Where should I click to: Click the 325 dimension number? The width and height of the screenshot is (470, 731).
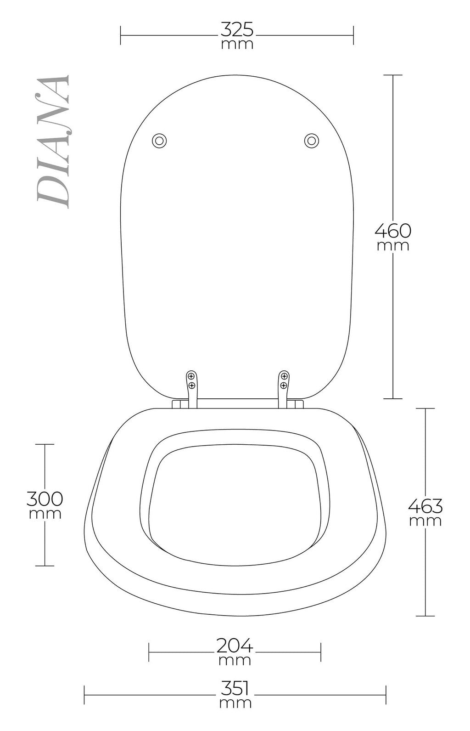237,30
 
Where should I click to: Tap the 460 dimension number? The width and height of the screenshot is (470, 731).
393,231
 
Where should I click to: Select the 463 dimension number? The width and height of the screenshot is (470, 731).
425,506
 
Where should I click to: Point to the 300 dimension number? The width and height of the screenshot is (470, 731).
45,499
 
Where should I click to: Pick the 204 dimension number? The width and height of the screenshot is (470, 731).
235,646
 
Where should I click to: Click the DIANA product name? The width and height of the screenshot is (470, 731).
53,142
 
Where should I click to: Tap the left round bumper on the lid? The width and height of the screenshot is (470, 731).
159,141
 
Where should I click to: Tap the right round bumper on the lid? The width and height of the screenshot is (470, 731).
311,141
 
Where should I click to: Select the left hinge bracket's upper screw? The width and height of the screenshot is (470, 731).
191,377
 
